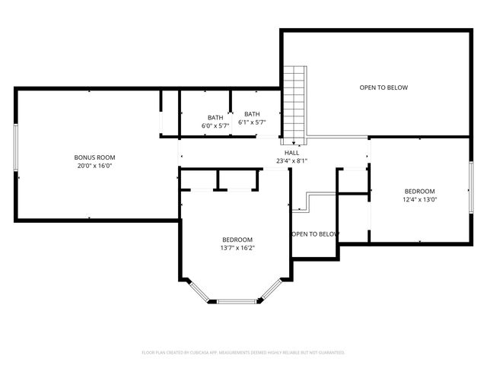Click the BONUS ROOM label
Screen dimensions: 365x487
pos(95,157)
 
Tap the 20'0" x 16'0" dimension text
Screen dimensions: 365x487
pos(95,166)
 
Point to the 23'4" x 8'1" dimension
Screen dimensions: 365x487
pos(291,161)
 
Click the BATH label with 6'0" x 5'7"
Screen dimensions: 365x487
pos(215,117)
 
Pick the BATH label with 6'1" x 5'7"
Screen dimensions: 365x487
pos(252,114)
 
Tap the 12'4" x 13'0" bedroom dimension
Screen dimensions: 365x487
pos(419,199)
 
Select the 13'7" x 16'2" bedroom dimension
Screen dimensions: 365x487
pos(237,247)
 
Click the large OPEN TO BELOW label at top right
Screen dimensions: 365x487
pos(384,87)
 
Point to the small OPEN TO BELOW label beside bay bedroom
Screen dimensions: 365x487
pos(314,234)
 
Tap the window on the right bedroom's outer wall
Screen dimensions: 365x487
pos(470,189)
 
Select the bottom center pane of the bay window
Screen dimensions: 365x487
pos(237,302)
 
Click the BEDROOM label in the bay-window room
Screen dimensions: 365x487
pos(237,240)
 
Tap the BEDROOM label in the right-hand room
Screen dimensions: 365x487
pos(419,191)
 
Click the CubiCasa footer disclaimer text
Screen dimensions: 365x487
pos(243,353)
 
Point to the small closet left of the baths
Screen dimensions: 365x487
pos(169,113)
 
